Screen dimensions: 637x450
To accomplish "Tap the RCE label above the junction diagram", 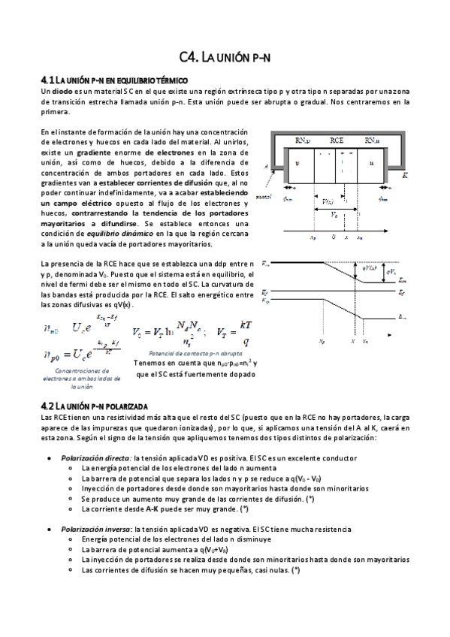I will [x=336, y=141].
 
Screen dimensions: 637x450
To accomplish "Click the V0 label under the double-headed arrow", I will [x=334, y=214].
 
